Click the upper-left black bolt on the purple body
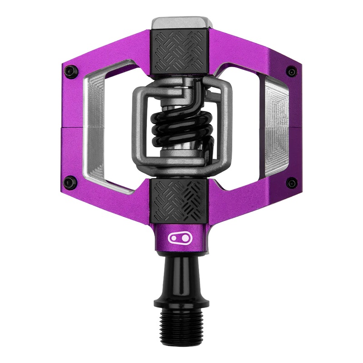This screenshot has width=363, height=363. [69, 71]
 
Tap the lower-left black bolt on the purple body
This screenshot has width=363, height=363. [69, 182]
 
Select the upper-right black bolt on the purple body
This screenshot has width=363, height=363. [292, 72]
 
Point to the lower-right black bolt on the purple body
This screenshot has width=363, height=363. [292, 183]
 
